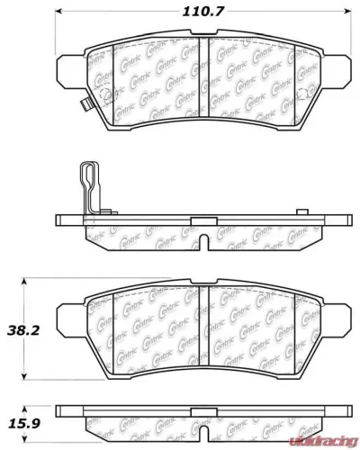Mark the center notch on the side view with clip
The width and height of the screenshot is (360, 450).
click(x=205, y=241)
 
